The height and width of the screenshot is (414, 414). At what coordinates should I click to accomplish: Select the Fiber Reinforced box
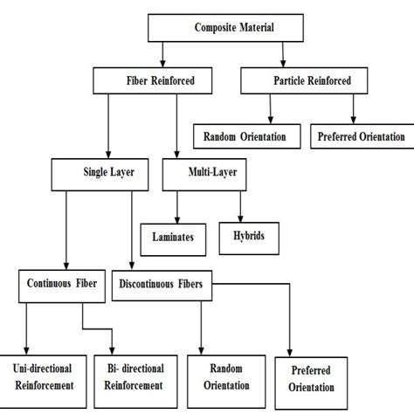click(x=155, y=81)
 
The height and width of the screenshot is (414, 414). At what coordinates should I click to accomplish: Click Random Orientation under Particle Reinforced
click(x=247, y=136)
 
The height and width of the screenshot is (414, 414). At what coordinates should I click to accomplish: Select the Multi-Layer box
click(x=212, y=173)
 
